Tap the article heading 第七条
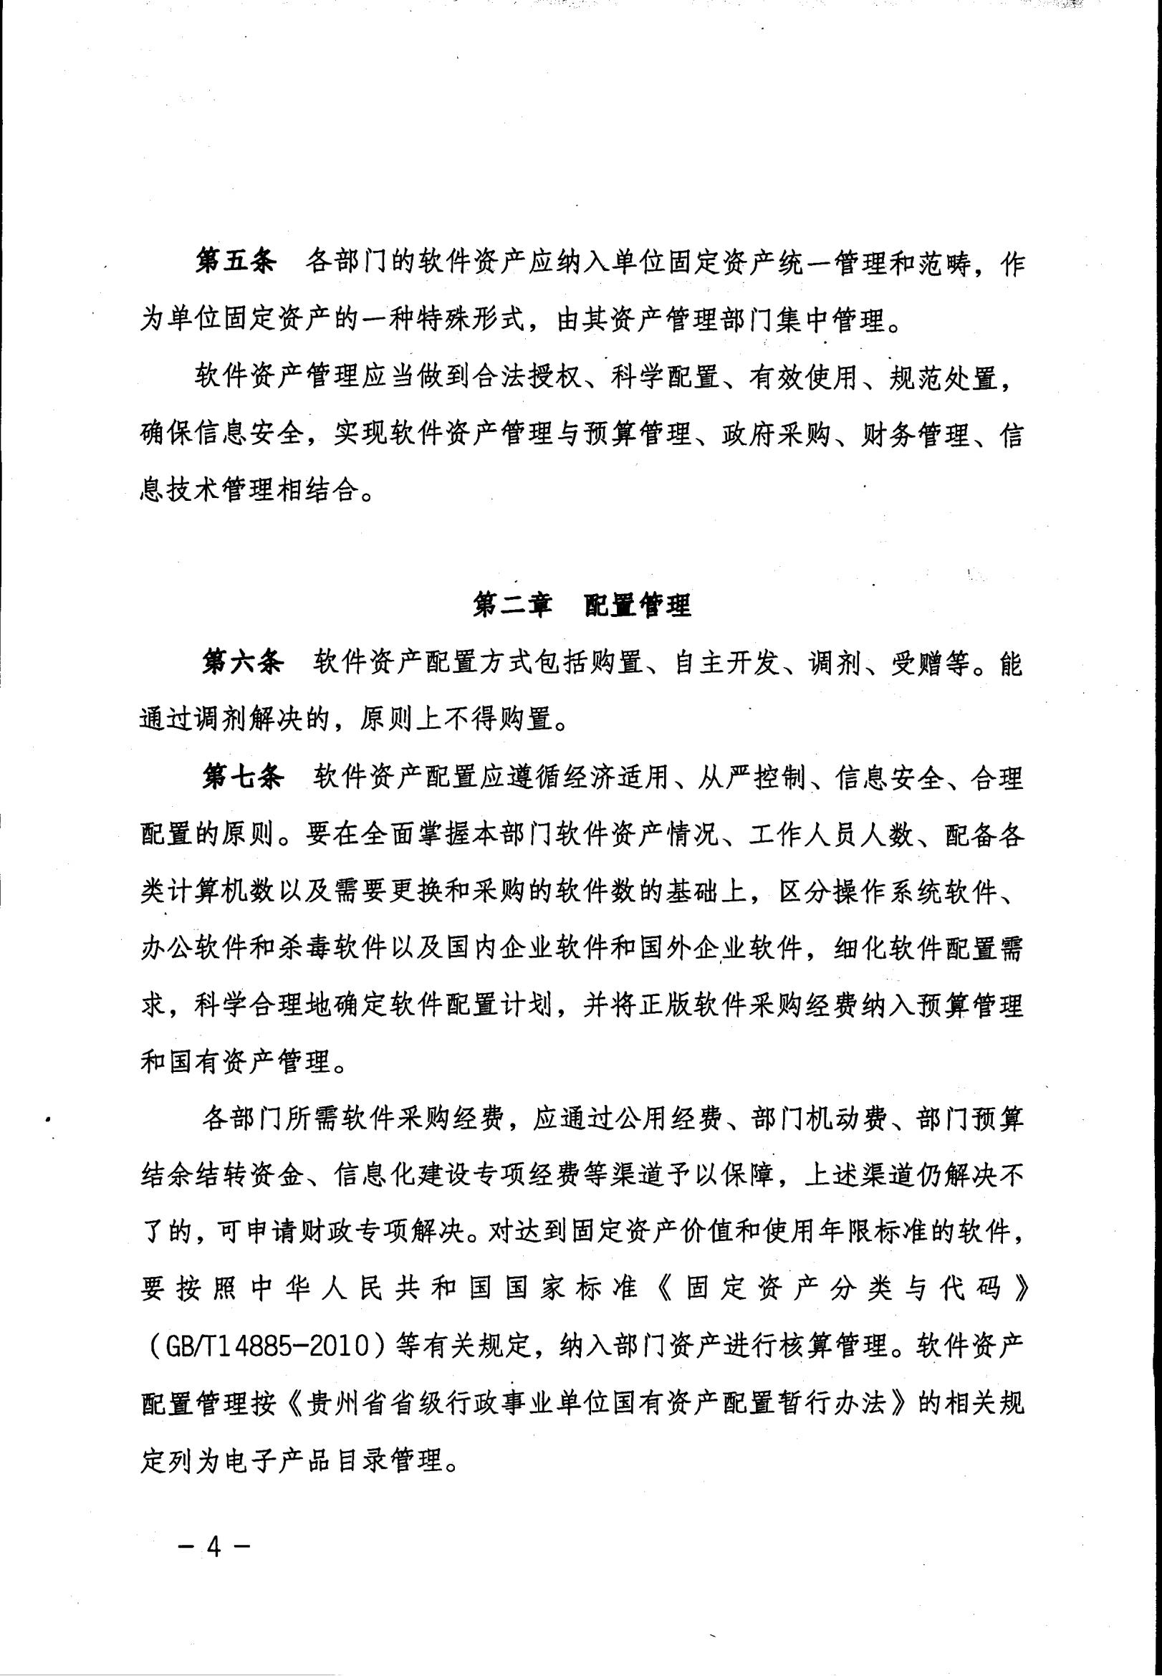241,778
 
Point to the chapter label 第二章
512,605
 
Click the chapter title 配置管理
638,605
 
